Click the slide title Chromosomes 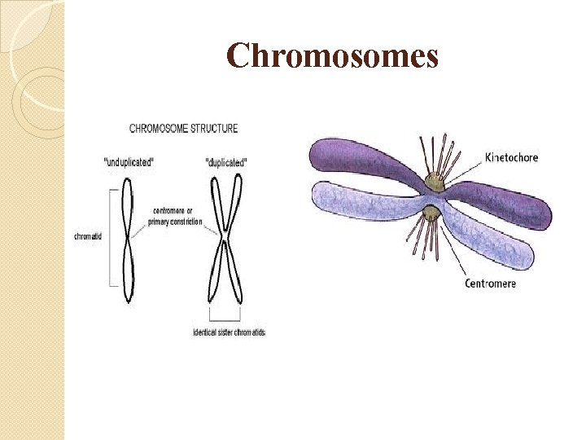pyautogui.click(x=332, y=56)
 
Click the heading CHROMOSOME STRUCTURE pyautogui.click(x=184, y=129)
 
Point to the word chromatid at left pyautogui.click(x=88, y=237)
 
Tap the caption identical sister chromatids pyautogui.click(x=229, y=332)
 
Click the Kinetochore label pyautogui.click(x=511, y=157)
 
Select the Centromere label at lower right pyautogui.click(x=490, y=284)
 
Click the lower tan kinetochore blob pyautogui.click(x=431, y=214)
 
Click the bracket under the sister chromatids pyautogui.click(x=225, y=319)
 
